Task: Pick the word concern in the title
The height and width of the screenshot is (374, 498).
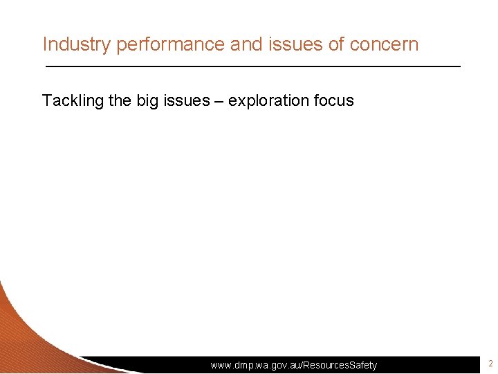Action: [385, 44]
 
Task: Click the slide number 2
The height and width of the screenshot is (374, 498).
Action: [490, 364]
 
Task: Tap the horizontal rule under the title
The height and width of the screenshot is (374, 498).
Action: [252, 66]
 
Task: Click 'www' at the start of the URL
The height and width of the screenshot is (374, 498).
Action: [222, 365]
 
